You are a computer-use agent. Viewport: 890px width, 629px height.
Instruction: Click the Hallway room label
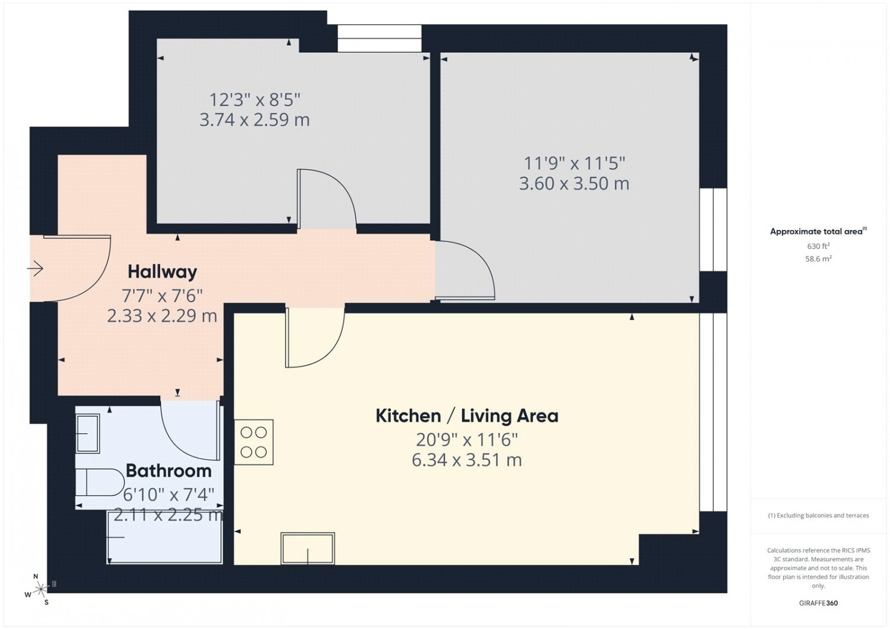point(162,272)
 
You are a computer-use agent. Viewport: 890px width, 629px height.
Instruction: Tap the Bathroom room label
point(169,471)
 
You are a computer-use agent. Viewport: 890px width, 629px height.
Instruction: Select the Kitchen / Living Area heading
point(467,416)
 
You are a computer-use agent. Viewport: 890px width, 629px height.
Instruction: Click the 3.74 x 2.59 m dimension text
point(255,120)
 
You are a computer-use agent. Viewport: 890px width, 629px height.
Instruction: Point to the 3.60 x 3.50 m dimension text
point(574,183)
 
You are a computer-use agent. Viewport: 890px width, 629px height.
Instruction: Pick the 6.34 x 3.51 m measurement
point(467,460)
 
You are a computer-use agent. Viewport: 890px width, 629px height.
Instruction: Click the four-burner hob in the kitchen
point(253,442)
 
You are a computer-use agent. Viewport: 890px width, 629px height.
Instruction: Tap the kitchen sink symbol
point(307,548)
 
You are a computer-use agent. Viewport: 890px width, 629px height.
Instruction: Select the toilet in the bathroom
point(100,482)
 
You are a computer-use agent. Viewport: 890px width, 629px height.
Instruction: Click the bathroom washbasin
point(87,434)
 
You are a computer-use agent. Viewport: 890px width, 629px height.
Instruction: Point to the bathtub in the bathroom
point(164,537)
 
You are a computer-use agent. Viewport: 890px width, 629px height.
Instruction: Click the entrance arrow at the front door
point(35,269)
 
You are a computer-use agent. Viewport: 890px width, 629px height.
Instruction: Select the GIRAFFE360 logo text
point(818,603)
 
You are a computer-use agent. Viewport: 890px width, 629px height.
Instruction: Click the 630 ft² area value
point(818,246)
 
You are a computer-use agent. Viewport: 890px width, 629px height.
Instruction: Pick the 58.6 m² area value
point(818,259)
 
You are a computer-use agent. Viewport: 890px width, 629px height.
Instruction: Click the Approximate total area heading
point(818,231)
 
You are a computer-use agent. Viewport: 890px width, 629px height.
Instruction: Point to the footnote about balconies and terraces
point(818,516)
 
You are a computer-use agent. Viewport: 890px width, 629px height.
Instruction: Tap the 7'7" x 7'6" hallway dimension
point(162,296)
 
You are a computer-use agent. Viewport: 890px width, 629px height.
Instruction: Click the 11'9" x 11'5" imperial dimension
point(574,163)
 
